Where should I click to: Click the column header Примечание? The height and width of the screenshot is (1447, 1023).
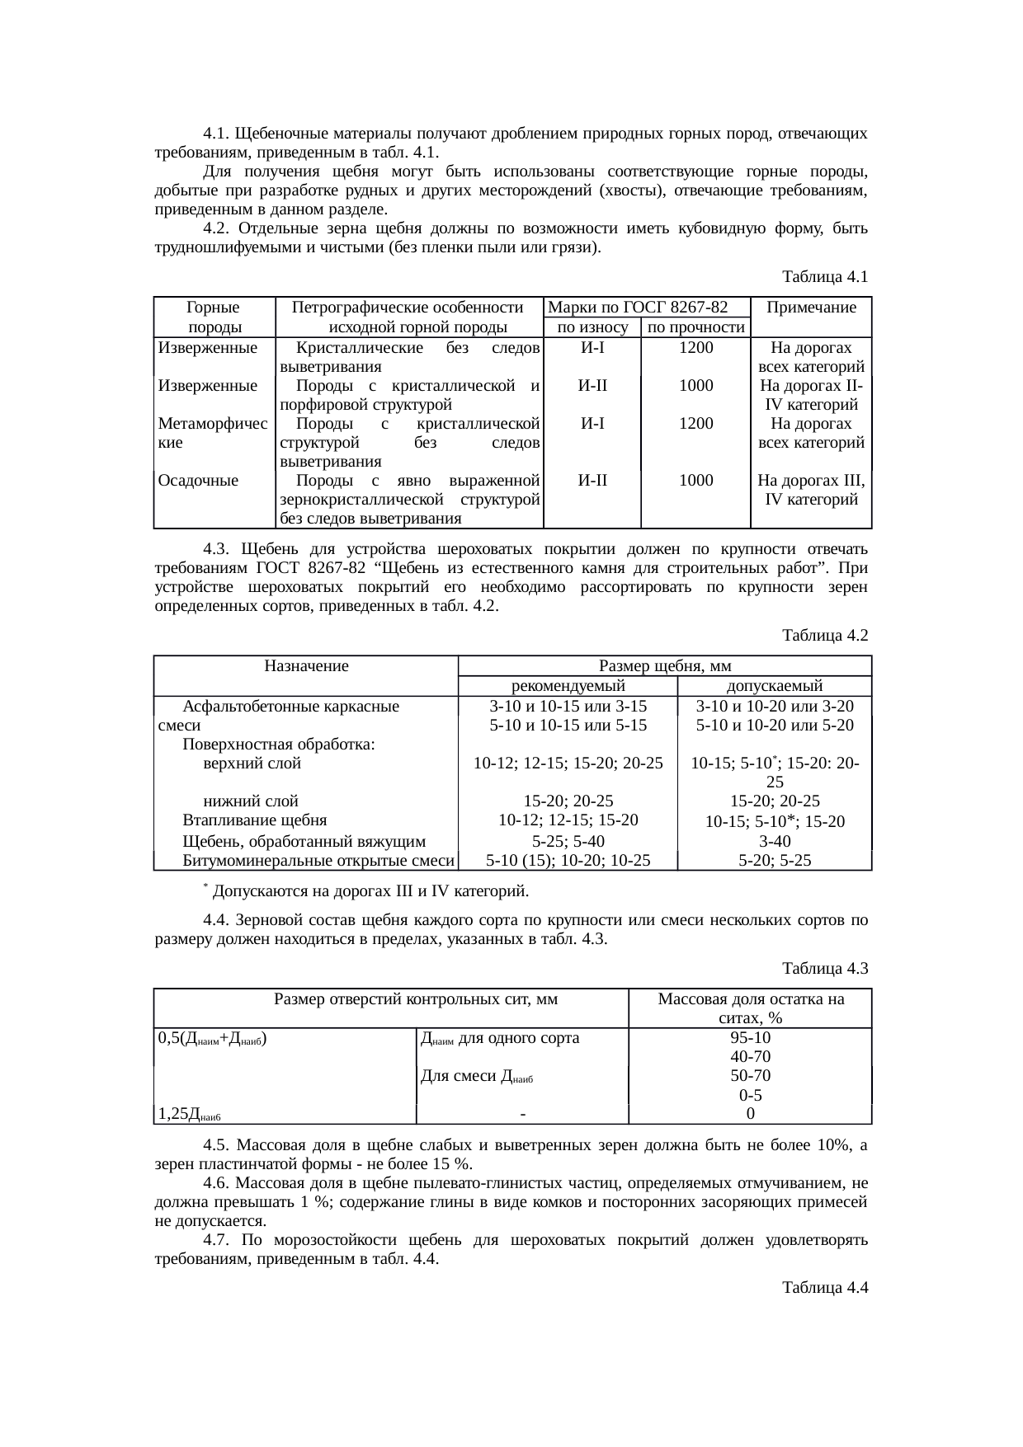click(x=811, y=308)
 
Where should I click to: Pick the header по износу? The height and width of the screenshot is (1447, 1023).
click(x=592, y=328)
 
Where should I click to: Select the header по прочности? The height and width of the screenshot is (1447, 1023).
click(x=696, y=328)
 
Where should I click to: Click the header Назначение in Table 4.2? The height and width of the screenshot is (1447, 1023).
click(x=306, y=666)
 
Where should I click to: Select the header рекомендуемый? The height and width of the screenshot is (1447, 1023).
click(x=568, y=686)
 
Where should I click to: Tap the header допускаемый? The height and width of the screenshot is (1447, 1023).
click(x=774, y=686)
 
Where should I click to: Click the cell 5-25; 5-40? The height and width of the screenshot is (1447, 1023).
click(x=568, y=842)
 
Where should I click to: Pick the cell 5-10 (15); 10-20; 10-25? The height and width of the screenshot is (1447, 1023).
click(x=568, y=861)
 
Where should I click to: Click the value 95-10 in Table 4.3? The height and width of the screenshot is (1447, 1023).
click(x=750, y=1038)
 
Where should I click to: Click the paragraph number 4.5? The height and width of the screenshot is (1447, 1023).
click(x=215, y=1145)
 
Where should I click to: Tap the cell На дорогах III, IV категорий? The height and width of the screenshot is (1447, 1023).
click(x=810, y=490)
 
